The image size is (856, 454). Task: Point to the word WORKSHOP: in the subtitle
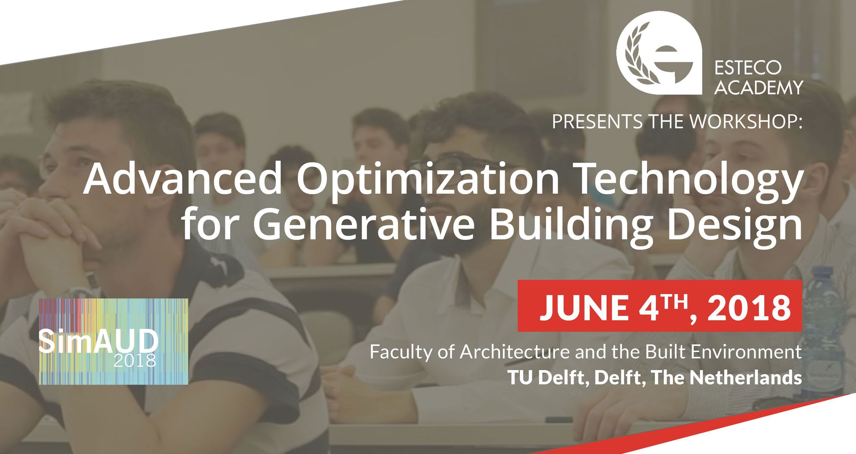(x=746, y=122)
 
